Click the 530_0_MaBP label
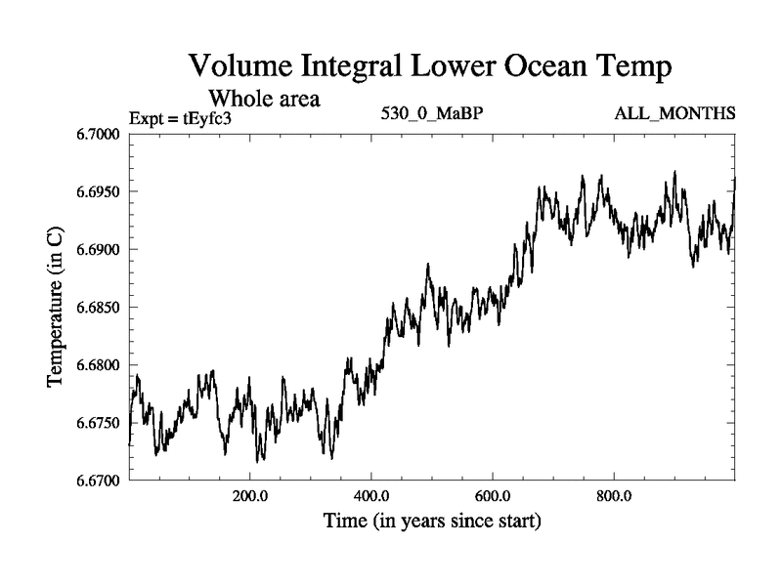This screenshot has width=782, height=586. tap(432, 113)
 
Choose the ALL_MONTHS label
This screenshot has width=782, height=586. tap(674, 113)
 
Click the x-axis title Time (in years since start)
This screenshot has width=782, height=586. tap(432, 522)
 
